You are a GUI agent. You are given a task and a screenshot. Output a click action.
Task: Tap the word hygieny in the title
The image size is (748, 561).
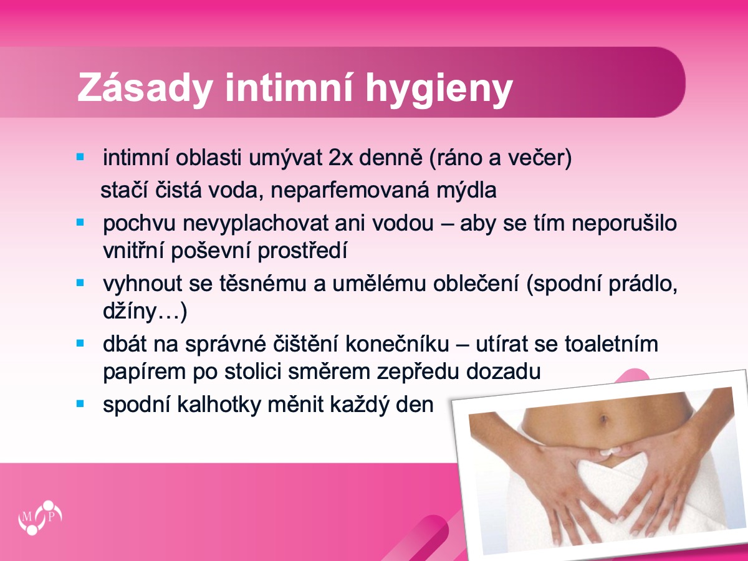439,89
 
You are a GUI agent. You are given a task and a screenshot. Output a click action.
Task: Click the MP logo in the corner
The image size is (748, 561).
41,517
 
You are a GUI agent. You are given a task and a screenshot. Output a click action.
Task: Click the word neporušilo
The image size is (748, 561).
624,224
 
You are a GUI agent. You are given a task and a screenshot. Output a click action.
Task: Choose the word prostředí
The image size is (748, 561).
302,251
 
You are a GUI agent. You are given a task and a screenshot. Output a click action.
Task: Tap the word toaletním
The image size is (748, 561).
611,343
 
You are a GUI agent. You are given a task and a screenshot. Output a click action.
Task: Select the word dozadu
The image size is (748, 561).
503,371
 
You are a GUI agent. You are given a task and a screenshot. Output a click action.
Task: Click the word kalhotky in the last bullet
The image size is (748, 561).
219,405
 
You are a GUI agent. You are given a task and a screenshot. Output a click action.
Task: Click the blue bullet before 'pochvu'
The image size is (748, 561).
80,223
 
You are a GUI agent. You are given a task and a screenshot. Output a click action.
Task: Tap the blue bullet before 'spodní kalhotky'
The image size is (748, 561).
80,404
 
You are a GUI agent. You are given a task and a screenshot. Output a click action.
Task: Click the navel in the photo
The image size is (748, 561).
603,420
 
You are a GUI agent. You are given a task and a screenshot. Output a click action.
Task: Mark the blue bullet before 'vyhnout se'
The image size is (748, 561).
80,283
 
